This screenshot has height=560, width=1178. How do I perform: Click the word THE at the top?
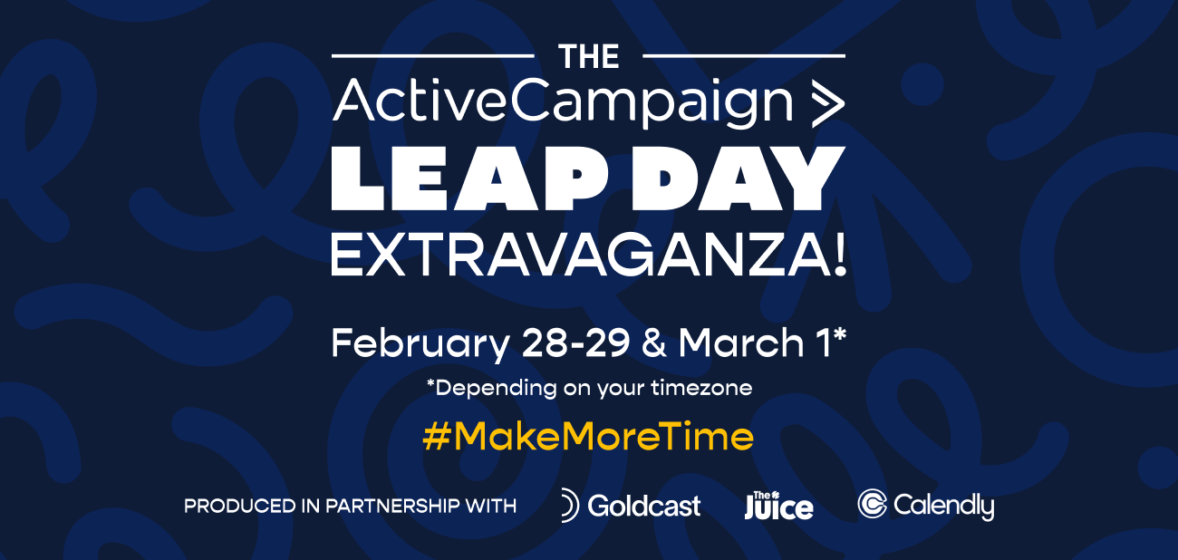coord(589,57)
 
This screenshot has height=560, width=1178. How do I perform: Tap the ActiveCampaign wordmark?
coord(562,102)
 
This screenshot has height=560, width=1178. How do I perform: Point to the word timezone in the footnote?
coord(705,388)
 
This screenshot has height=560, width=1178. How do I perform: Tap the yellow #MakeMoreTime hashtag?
coord(588,437)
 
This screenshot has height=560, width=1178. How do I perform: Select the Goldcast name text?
coord(644,506)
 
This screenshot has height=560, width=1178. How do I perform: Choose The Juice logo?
coord(778,505)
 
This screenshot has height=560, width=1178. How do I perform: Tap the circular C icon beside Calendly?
coord(872,505)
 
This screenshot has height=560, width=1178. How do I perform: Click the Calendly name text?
coord(943,506)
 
